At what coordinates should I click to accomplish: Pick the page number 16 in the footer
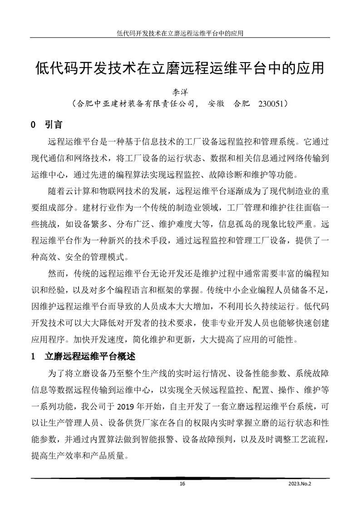tap(182, 484)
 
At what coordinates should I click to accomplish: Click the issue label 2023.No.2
tap(300, 484)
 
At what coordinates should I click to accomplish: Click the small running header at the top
tap(180, 33)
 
